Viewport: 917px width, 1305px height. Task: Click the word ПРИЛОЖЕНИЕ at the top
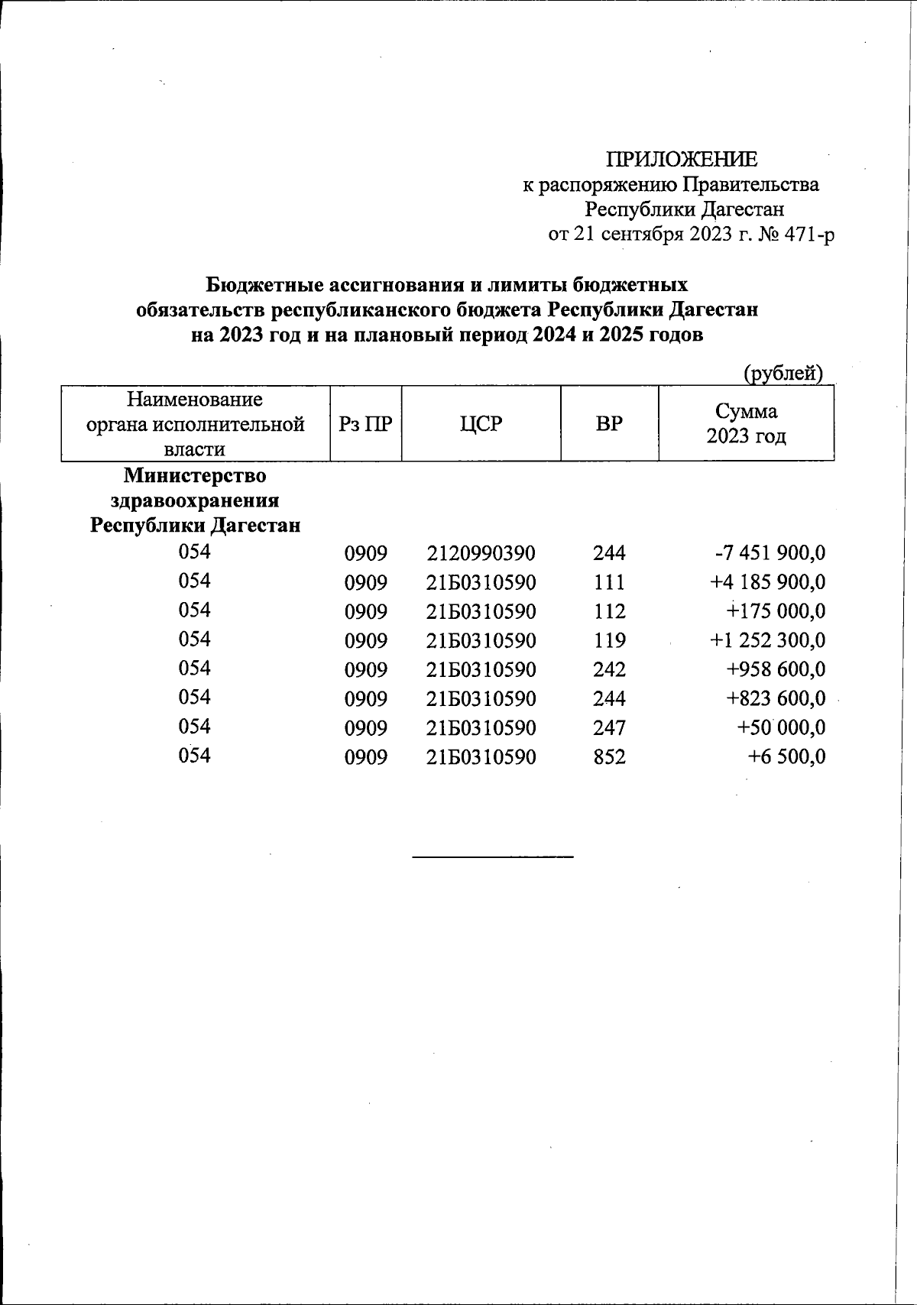coord(682,159)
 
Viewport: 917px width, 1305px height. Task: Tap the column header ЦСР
coord(481,423)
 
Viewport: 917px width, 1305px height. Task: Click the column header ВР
coord(609,423)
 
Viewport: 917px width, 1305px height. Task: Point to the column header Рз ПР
coord(365,423)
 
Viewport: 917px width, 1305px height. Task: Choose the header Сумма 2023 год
coord(746,423)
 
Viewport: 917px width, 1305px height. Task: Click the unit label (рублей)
coord(783,373)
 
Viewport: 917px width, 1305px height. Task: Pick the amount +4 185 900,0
coord(767,582)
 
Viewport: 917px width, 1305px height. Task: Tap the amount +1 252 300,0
coord(767,640)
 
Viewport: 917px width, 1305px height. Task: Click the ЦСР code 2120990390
coord(481,553)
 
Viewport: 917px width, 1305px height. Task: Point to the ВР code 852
coord(609,756)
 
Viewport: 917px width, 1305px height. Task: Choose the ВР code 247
coord(609,727)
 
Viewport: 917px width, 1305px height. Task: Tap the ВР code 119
coord(609,640)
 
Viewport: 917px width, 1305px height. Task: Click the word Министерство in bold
coord(195,475)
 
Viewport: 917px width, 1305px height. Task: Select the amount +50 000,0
coord(781,727)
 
